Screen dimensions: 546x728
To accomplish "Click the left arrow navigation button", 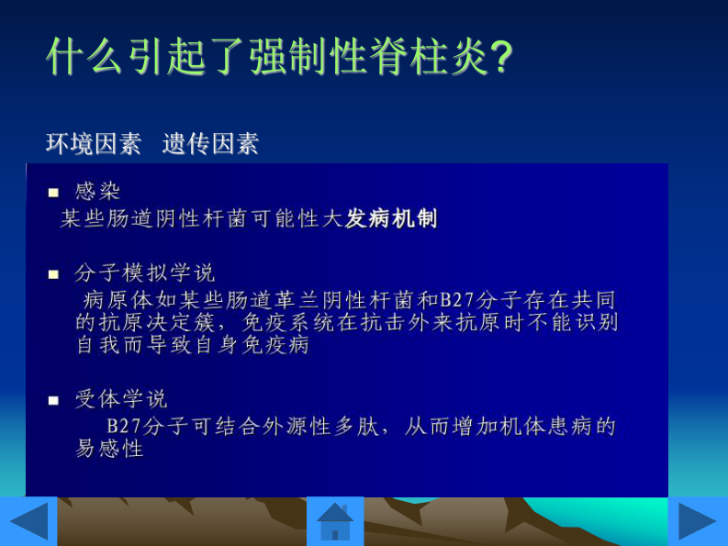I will coord(28,521).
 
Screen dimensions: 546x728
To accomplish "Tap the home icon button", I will coord(335,521).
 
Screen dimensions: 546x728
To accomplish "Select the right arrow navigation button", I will coord(697,521).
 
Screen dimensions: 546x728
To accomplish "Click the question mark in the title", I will coord(501,58).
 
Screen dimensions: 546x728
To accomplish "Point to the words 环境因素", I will coord(94,144).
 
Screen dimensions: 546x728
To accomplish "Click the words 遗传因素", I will coord(210,144).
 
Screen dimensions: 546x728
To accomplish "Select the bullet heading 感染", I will coord(97,191).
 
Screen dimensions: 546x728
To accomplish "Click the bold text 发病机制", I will coord(391,218).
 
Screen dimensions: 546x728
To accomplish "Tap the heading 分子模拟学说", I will coord(145,273).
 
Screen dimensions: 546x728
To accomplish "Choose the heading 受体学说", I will coord(121,399).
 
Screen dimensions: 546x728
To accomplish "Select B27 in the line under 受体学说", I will coord(123,427).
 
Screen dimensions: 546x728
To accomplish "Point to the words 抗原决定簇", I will coord(156,322).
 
